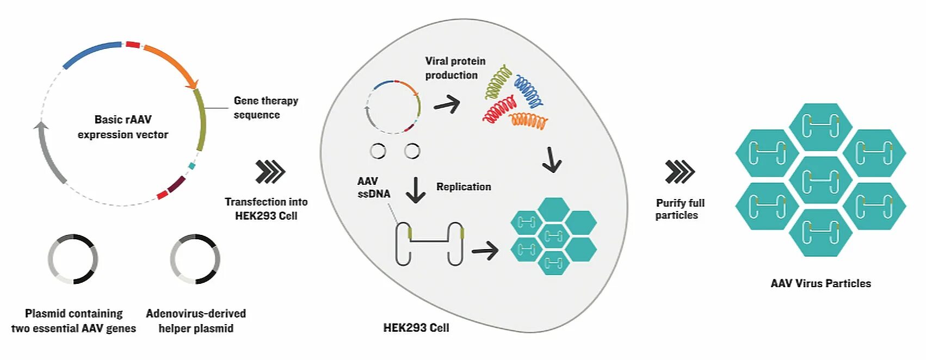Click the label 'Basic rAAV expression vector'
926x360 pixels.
click(x=123, y=127)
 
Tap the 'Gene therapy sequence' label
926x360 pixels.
click(x=266, y=108)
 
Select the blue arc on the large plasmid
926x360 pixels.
click(x=91, y=53)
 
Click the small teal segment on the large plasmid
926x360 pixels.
click(x=191, y=166)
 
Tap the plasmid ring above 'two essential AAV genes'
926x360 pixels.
click(x=73, y=259)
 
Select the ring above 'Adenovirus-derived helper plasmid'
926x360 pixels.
click(x=195, y=259)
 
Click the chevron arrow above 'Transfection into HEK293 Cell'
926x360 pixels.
click(x=270, y=172)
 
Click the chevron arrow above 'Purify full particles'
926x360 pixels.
click(x=680, y=172)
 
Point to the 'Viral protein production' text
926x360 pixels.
click(x=455, y=68)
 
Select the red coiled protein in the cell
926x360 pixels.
click(x=498, y=109)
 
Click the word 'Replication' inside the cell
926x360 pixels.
click(x=464, y=187)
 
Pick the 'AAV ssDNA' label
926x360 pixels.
click(x=373, y=187)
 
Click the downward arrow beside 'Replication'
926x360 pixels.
click(x=416, y=190)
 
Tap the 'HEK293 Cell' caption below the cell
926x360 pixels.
click(x=416, y=327)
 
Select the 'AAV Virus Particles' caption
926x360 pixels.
click(x=820, y=283)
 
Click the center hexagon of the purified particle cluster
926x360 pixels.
click(x=820, y=180)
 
